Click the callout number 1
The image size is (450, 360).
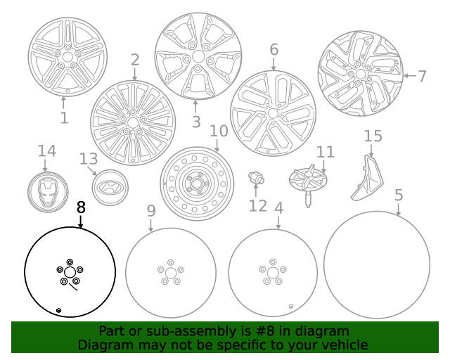coord(64,117)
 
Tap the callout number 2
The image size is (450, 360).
coord(135,60)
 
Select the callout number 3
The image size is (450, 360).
coord(196,122)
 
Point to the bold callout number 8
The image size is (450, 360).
coord(81,207)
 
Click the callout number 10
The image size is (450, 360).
coord(219,131)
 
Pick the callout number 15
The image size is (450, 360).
coord(373,136)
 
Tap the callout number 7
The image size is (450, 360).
coord(422,76)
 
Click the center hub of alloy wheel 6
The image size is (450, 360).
coord(273,113)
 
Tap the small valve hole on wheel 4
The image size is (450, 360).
coord(291,305)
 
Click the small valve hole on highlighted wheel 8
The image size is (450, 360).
coord(58,310)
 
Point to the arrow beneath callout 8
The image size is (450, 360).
coord(81,221)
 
